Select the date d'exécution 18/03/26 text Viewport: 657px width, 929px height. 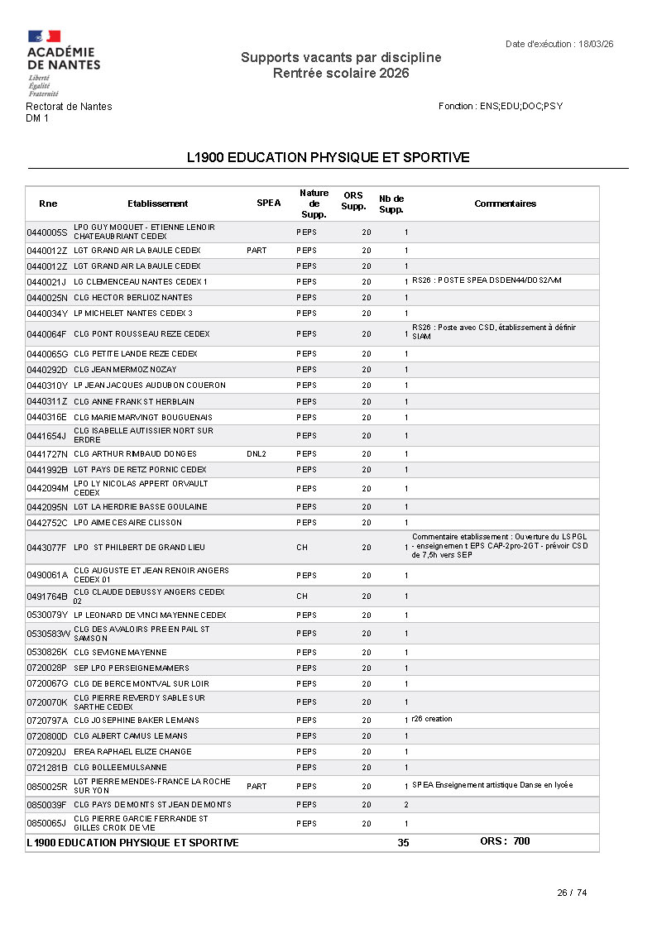pyautogui.click(x=563, y=44)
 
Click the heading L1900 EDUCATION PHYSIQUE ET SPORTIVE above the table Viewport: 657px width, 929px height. pyautogui.click(x=328, y=157)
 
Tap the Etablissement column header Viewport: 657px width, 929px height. pyautogui.click(x=157, y=204)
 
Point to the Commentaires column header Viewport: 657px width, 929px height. pyautogui.click(x=505, y=204)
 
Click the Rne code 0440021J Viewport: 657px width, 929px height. pyautogui.click(x=46, y=282)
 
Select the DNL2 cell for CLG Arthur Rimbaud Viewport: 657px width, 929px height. pyautogui.click(x=257, y=454)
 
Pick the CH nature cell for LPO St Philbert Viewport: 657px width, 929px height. pyautogui.click(x=302, y=548)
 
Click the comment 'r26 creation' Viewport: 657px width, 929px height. pyautogui.click(x=432, y=719)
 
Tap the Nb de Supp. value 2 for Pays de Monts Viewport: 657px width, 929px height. pyautogui.click(x=405, y=805)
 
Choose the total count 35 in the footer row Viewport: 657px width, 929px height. pyautogui.click(x=403, y=843)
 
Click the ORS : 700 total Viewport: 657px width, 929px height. pyautogui.click(x=505, y=841)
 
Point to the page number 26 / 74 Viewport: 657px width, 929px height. pyautogui.click(x=572, y=893)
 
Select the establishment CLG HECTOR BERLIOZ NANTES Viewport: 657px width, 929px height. pyautogui.click(x=133, y=298)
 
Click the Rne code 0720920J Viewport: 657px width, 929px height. pyautogui.click(x=46, y=752)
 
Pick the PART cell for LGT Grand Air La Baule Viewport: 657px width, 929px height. pyautogui.click(x=257, y=251)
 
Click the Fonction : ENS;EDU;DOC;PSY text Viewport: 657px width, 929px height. pyautogui.click(x=501, y=107)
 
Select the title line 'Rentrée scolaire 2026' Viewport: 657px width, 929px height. pyautogui.click(x=341, y=74)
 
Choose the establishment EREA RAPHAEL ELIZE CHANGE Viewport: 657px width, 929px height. pyautogui.click(x=132, y=752)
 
